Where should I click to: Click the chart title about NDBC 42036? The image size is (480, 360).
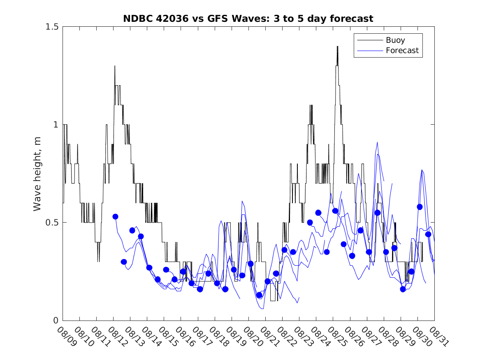248,19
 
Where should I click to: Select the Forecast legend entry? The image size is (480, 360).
402,51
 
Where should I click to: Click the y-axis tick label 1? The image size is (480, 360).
56,125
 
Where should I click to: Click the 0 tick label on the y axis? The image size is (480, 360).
56,321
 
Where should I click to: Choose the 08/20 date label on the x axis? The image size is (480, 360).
253,337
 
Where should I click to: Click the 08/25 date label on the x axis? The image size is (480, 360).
337,337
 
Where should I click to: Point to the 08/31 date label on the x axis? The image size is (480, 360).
438,337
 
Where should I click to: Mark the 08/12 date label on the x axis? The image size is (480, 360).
117,337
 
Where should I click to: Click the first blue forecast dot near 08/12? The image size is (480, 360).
116,216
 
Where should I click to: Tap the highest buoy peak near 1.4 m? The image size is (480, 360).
337,46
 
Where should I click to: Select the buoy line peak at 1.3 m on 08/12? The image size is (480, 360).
115,66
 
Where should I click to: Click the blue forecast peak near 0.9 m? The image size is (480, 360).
377,142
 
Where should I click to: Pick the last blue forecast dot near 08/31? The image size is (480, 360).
428,234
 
